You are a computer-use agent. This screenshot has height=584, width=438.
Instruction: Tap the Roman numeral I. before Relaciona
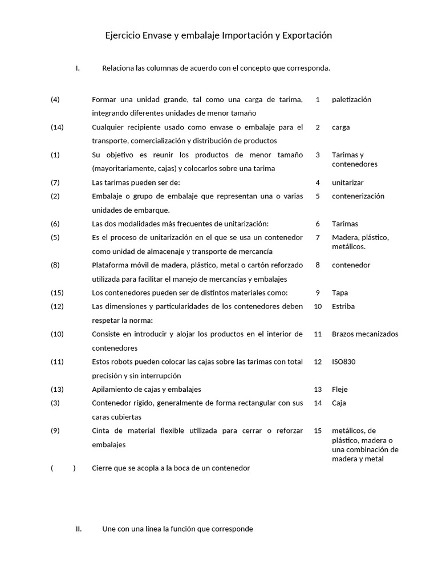[78, 68]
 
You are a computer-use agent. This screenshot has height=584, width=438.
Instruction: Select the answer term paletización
[351, 99]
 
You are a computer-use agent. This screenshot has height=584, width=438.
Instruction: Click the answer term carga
[341, 127]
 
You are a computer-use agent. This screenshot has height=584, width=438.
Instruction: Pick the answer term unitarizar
[347, 182]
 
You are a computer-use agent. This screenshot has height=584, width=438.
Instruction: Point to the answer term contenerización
[358, 196]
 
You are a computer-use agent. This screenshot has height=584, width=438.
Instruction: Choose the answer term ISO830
[344, 362]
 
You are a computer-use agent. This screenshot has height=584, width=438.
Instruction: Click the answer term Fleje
[340, 390]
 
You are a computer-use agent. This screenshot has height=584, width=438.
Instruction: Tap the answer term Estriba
[343, 306]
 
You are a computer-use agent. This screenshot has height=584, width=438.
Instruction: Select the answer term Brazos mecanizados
[365, 334]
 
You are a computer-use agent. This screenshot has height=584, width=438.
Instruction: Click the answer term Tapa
[340, 293]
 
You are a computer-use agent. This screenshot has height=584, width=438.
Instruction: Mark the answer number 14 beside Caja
[318, 403]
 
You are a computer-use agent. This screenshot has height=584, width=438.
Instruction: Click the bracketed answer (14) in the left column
[57, 127]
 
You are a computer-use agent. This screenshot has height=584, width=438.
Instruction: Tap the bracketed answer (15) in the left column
[57, 293]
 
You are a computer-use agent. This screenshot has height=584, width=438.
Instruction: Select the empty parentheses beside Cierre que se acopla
[63, 468]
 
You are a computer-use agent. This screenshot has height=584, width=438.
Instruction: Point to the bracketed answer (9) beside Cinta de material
[55, 431]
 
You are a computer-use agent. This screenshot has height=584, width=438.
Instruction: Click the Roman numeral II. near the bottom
[79, 529]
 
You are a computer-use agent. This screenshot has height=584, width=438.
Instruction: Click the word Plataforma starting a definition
[111, 265]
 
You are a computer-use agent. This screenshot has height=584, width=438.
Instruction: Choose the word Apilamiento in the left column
[112, 390]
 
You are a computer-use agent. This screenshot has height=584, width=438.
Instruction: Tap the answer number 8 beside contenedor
[318, 265]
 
